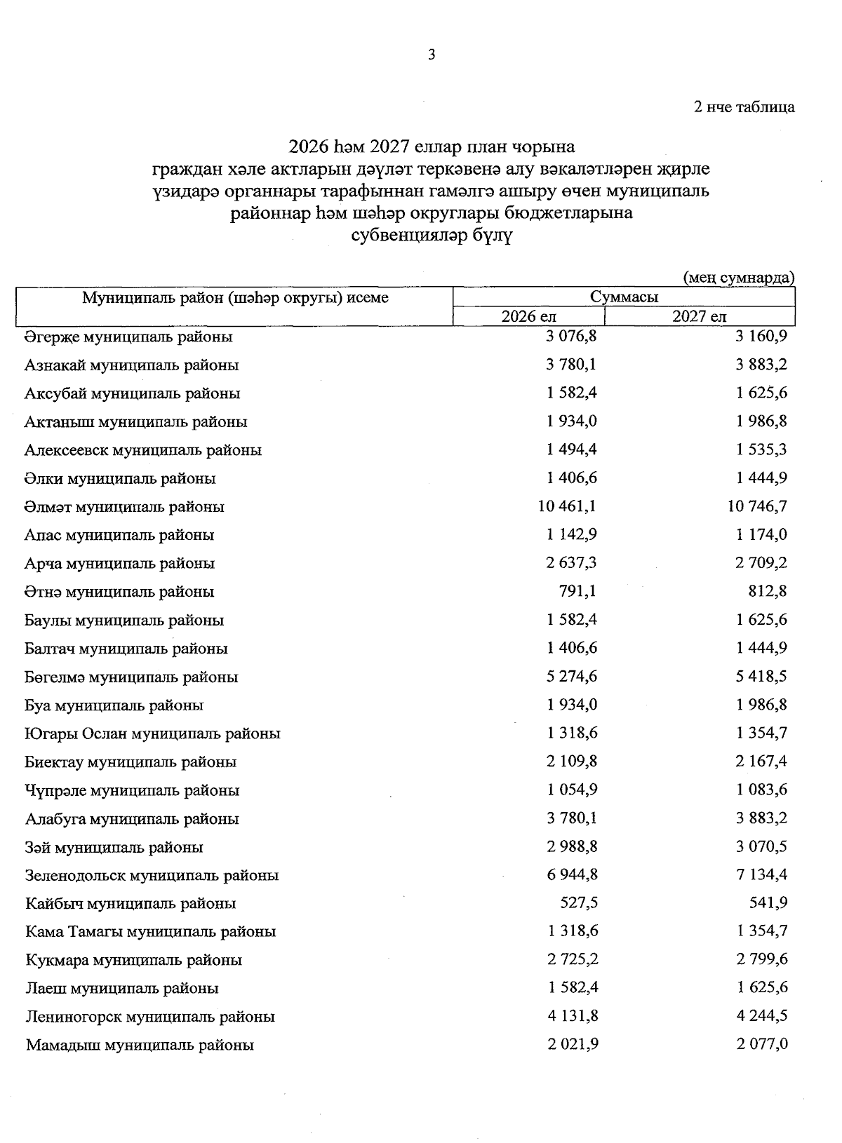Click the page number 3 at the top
pyautogui.click(x=432, y=55)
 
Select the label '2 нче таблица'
pyautogui.click(x=744, y=107)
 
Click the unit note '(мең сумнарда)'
pyautogui.click(x=738, y=278)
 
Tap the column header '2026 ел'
pyautogui.click(x=528, y=317)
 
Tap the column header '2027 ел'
pyautogui.click(x=699, y=317)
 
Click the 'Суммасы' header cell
pyautogui.click(x=624, y=297)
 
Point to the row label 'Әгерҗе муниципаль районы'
pyautogui.click(x=128, y=337)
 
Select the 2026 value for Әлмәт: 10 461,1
pyautogui.click(x=567, y=506)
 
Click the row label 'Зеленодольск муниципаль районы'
pyautogui.click(x=152, y=875)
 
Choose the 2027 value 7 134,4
pyautogui.click(x=762, y=875)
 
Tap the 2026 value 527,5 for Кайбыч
pyautogui.click(x=577, y=903)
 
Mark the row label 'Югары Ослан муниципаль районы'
pyautogui.click(x=152, y=734)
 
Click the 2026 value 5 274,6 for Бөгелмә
pyautogui.click(x=572, y=677)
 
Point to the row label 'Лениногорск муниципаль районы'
pyautogui.click(x=150, y=1017)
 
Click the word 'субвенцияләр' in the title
pyautogui.click(x=400, y=236)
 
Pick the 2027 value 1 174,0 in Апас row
pyautogui.click(x=762, y=535)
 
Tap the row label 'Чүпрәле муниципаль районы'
pyautogui.click(x=132, y=791)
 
